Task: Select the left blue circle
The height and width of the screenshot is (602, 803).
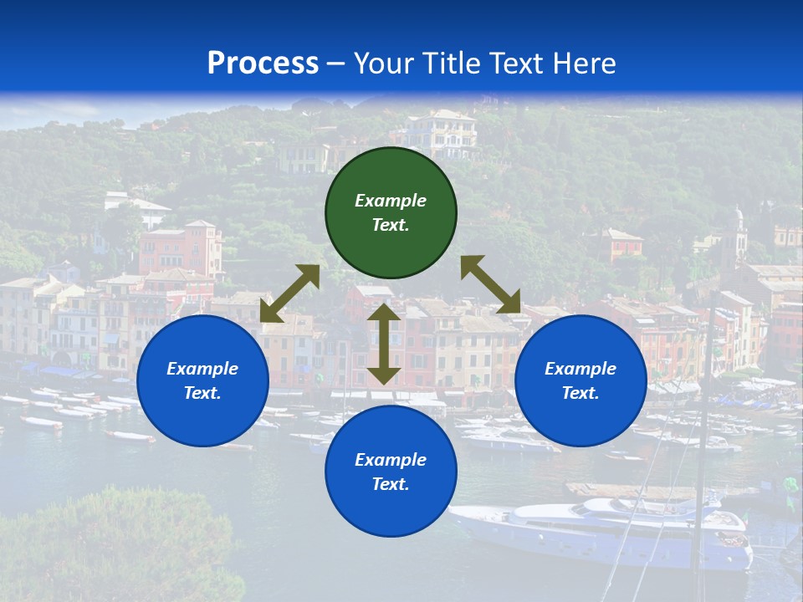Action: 202,380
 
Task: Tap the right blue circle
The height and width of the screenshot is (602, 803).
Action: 581,380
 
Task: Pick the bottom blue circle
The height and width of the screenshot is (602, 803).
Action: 391,472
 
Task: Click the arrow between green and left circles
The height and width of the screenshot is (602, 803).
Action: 290,293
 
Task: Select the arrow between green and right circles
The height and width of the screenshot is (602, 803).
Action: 491,284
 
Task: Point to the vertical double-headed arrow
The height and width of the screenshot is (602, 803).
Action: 384,344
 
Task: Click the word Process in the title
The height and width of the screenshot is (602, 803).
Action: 263,63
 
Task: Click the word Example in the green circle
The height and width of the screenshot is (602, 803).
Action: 391,201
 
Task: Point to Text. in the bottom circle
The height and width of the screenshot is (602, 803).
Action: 391,484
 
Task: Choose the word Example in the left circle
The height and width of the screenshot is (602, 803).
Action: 202,369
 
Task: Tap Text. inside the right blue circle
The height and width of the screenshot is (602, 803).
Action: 581,393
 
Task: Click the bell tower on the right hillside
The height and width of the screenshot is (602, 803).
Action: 738,234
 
